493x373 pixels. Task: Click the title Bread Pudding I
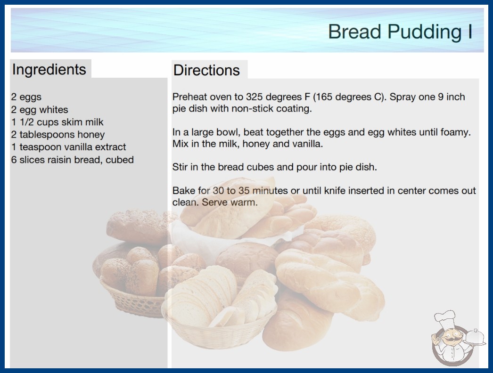(400, 32)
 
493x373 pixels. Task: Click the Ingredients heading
(49, 70)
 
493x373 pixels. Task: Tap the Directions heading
(206, 70)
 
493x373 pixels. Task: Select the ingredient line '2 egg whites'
(40, 110)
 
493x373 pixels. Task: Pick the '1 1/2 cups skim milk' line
(57, 122)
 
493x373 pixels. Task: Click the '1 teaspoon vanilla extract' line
(68, 147)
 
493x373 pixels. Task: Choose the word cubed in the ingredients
(119, 160)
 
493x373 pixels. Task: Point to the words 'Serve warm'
(230, 202)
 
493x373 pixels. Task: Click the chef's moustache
(452, 339)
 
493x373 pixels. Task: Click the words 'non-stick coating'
(271, 109)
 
